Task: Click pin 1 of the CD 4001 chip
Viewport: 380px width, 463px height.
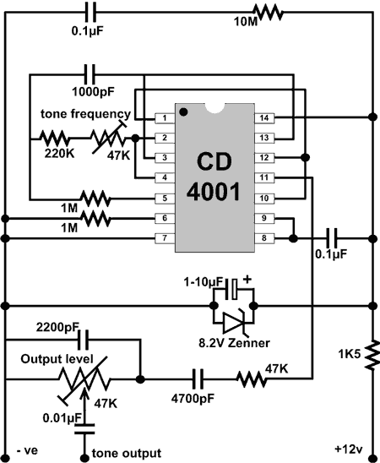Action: coord(165,118)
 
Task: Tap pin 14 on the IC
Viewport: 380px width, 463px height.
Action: coord(264,117)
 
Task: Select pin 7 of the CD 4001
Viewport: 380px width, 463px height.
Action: coord(165,238)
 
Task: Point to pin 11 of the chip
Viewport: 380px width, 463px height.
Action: coord(264,177)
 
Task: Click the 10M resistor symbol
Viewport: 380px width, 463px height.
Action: coord(269,13)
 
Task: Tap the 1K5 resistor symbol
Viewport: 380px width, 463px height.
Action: coord(372,354)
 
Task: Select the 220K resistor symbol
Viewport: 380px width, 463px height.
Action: coord(55,139)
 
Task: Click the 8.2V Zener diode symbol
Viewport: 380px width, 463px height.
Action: coord(234,322)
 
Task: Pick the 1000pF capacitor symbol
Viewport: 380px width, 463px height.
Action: coord(90,74)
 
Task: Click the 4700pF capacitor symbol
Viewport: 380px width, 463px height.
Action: coord(198,379)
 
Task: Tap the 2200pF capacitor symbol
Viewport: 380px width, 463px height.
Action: coord(83,340)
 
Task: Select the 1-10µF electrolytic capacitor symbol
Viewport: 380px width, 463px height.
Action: coord(231,289)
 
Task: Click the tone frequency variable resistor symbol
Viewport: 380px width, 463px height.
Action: coord(109,138)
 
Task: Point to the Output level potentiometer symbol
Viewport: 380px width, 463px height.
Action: coord(84,380)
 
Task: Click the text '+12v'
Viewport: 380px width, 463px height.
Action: coord(349,449)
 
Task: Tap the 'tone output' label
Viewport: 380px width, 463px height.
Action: coord(127,453)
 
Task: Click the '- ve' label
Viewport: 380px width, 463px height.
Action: coord(27,450)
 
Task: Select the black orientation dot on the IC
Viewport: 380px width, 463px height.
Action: coord(183,112)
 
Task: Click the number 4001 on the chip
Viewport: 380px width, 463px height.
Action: coord(214,192)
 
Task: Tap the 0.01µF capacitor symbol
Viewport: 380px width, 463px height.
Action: coord(84,429)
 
